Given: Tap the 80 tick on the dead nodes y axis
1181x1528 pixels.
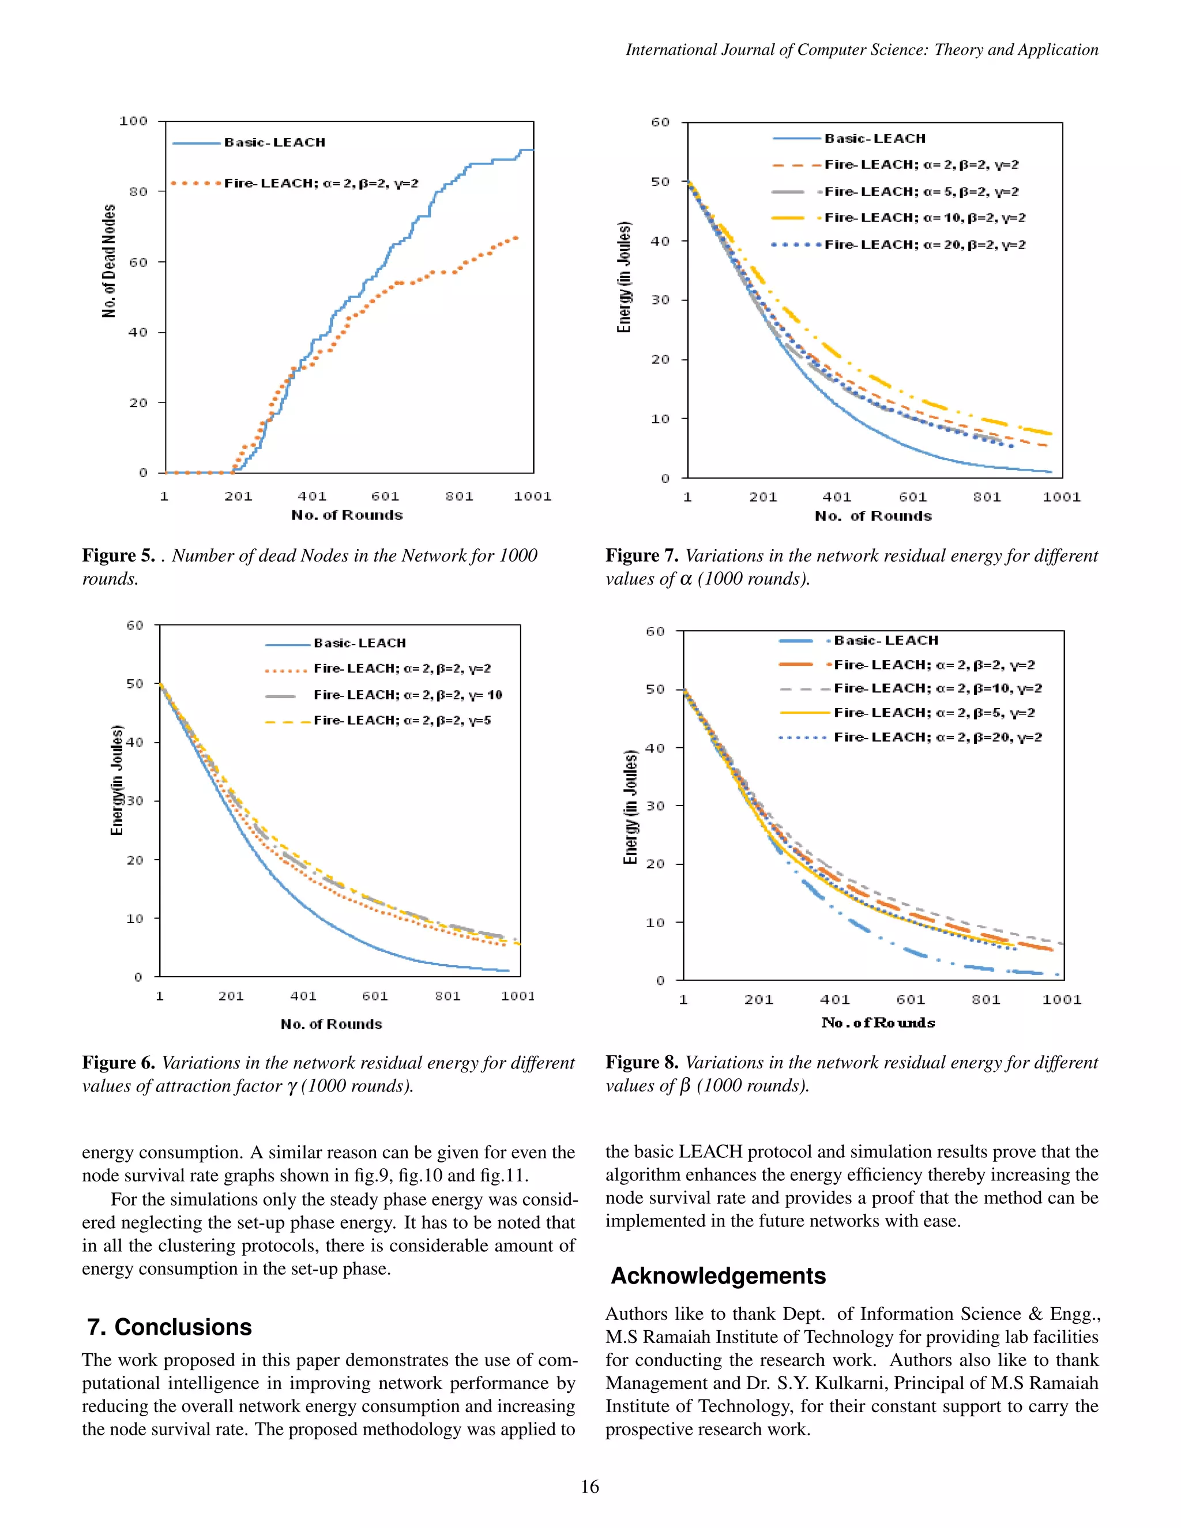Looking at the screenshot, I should click(x=138, y=191).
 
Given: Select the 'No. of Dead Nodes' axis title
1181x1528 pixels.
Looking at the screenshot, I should click(x=109, y=261).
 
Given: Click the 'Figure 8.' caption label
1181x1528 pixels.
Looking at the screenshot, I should click(x=642, y=1063).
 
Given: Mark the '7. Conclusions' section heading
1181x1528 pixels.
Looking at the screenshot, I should click(x=170, y=1327).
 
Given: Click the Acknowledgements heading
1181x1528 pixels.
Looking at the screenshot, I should click(x=719, y=1276).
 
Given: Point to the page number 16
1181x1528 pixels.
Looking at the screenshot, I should click(x=590, y=1486).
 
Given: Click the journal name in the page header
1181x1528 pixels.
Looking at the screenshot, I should click(x=862, y=50).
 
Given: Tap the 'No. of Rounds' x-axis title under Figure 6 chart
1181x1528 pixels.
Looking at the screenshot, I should click(x=332, y=1024).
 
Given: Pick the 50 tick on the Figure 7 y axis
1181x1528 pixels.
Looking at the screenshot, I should click(x=660, y=182).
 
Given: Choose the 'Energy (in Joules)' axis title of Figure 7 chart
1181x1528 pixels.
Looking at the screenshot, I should click(x=624, y=277).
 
